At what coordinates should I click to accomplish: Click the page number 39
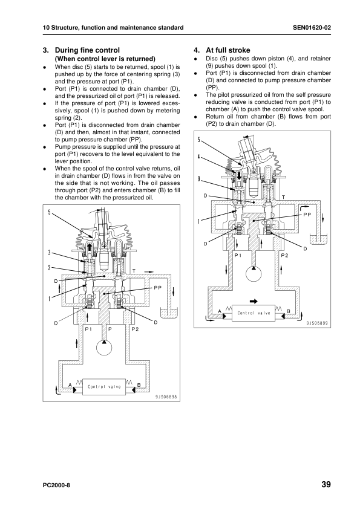coord(326,484)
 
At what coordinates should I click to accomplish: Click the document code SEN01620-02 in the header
coord(312,28)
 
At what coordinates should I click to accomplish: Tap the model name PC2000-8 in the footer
coord(56,485)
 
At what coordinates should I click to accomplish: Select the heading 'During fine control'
coord(87,50)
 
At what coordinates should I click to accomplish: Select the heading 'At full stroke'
coord(227,50)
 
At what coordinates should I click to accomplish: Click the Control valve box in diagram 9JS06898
coord(104,387)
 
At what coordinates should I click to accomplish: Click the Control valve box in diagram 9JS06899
coord(254,313)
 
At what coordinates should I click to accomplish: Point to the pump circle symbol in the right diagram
coord(254,273)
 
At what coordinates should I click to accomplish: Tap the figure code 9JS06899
coord(317,323)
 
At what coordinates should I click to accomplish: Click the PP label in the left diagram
coord(157,288)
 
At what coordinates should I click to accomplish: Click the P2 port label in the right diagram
coord(284,256)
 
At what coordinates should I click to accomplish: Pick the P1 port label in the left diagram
coord(88,329)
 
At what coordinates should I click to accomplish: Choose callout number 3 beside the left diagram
coord(49,253)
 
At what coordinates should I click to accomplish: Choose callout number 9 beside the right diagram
coord(198,178)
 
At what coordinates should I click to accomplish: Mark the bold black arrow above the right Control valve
coord(254,301)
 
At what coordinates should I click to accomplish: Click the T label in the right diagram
coord(283,197)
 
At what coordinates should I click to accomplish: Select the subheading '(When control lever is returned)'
coord(105,59)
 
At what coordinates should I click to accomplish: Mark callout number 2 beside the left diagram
coord(49,267)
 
